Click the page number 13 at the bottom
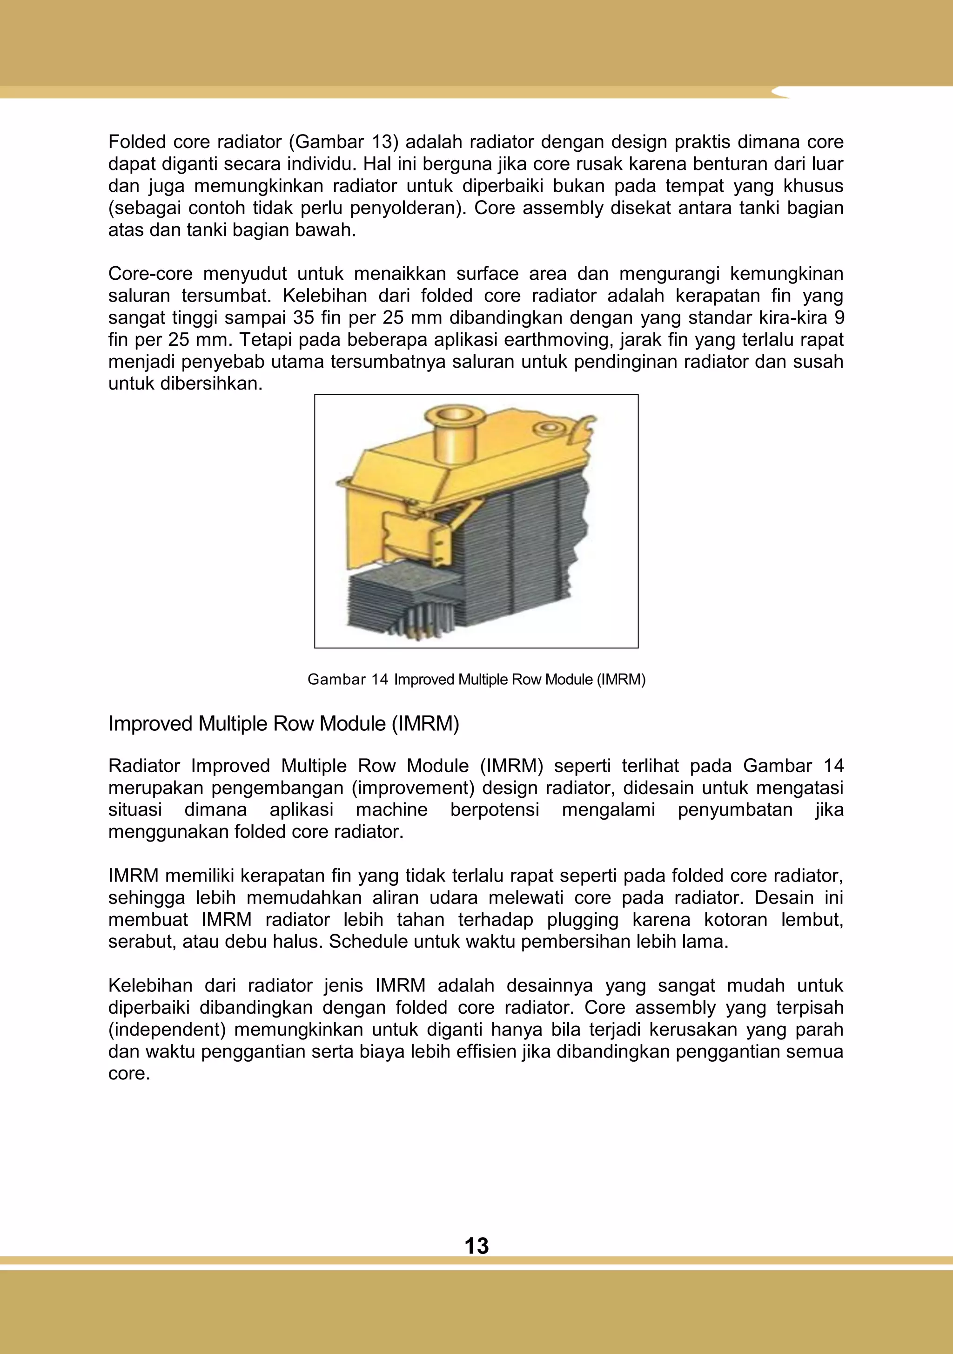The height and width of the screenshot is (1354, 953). pyautogui.click(x=476, y=1246)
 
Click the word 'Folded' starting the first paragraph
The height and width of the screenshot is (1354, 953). pyautogui.click(x=137, y=142)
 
